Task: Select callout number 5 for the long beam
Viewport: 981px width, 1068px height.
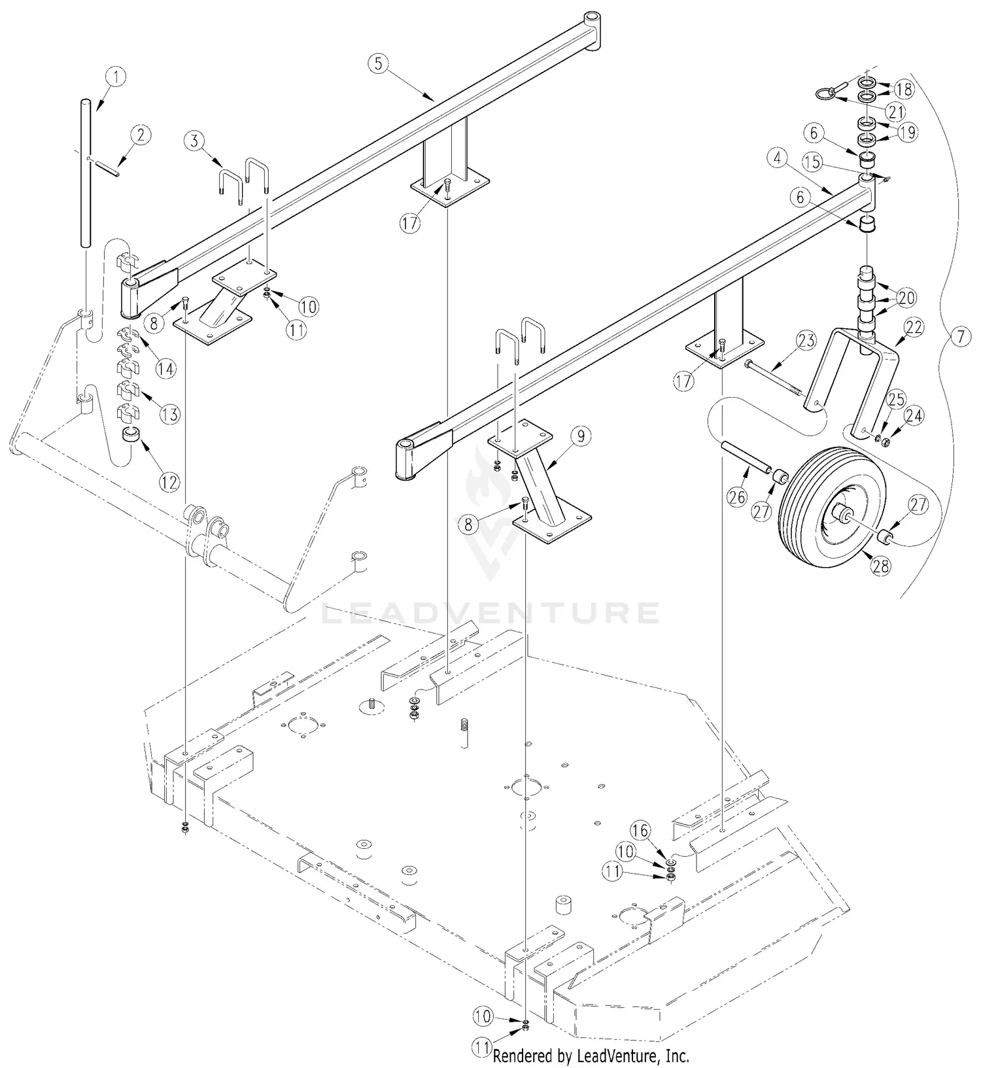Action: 378,63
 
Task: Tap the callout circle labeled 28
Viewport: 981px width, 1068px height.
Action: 881,565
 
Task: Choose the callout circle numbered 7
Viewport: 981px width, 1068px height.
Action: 959,337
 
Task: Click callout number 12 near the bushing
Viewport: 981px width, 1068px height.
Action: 169,483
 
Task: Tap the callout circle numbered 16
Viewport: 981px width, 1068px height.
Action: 640,831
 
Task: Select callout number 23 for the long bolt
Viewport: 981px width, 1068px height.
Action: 807,339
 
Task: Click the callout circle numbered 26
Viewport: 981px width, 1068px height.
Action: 736,498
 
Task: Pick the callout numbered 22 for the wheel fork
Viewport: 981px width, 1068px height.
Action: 914,327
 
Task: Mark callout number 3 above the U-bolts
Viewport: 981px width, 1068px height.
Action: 193,139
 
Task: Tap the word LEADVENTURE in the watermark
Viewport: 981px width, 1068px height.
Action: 490,613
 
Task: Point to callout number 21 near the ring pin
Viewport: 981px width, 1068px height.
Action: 896,111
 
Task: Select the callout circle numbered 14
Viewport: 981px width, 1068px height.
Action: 166,368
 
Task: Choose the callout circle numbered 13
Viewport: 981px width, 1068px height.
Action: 169,414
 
